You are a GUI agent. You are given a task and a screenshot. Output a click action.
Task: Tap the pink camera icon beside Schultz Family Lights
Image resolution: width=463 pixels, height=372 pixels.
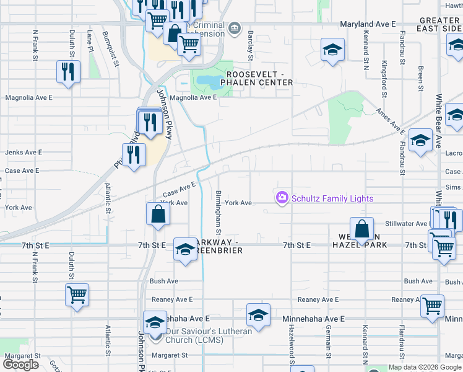click(x=282, y=198)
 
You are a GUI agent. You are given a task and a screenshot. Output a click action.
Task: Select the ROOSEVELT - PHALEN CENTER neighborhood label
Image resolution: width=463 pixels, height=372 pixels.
click(x=259, y=78)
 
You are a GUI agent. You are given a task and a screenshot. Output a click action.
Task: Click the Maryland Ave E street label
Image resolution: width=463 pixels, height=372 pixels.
click(x=368, y=24)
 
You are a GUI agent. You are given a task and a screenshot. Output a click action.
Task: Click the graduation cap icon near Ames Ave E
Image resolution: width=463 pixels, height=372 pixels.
click(x=420, y=141)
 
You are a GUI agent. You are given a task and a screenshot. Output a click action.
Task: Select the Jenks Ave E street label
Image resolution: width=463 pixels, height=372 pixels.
click(x=24, y=152)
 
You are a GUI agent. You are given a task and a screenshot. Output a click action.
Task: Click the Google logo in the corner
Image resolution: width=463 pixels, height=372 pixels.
click(x=21, y=365)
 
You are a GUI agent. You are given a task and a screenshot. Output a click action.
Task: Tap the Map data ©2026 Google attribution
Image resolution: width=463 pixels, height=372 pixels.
click(x=424, y=367)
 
